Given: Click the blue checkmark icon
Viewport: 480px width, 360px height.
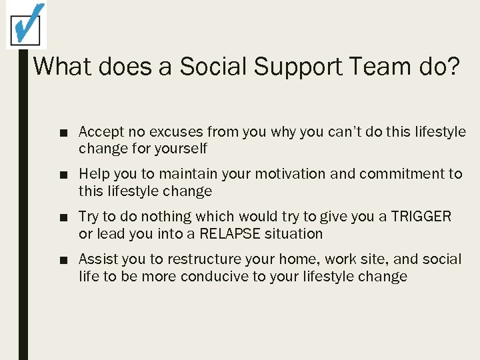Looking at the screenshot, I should [x=27, y=25].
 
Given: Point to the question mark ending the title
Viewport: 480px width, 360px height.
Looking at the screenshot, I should [x=453, y=67].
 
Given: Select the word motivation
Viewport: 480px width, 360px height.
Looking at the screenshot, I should [x=281, y=175].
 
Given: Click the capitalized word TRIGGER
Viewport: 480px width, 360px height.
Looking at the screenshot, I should [x=421, y=217].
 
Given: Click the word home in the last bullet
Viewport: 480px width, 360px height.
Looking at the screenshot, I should [x=299, y=260].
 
